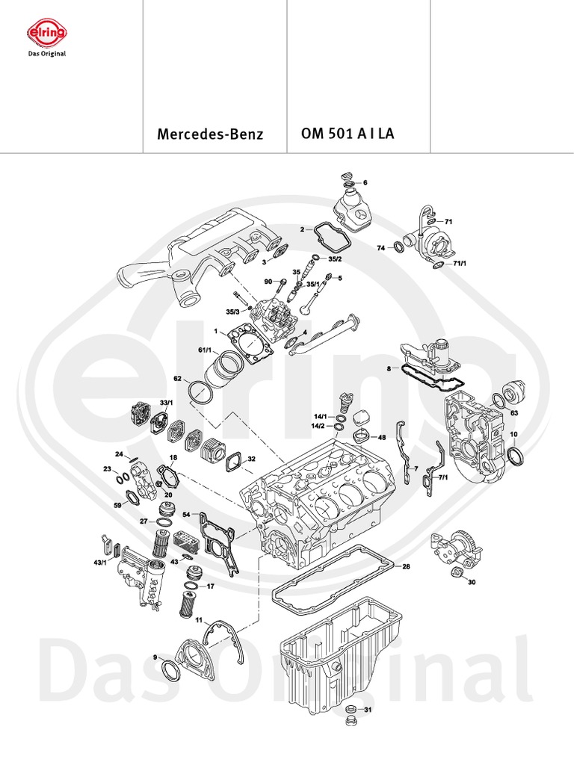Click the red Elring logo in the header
point(46,33)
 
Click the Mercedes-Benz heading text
point(210,135)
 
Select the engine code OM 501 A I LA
point(348,134)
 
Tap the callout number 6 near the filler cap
point(365,182)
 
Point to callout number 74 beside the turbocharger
point(380,247)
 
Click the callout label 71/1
point(459,264)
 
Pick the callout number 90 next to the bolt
point(268,282)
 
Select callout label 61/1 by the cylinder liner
point(204,350)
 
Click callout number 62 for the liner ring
point(178,379)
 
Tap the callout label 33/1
point(165,403)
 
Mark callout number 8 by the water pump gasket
point(389,368)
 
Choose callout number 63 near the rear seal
point(514,412)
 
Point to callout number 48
point(382,437)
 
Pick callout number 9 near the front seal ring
point(155,657)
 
